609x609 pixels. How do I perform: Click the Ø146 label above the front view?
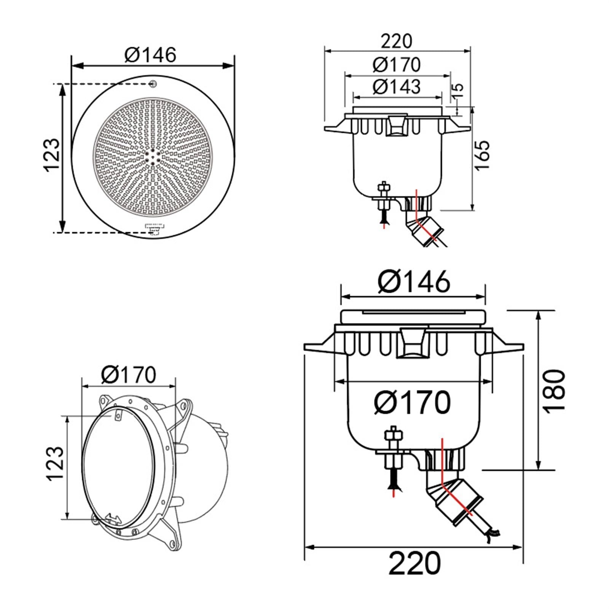click(150, 55)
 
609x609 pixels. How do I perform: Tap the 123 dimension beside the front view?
click(53, 155)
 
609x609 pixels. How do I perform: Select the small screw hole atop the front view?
click(153, 83)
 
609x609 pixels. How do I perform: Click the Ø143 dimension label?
click(396, 86)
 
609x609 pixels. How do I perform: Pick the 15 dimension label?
click(458, 90)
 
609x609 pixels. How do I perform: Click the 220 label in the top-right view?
click(397, 41)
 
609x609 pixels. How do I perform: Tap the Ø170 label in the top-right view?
click(396, 64)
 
